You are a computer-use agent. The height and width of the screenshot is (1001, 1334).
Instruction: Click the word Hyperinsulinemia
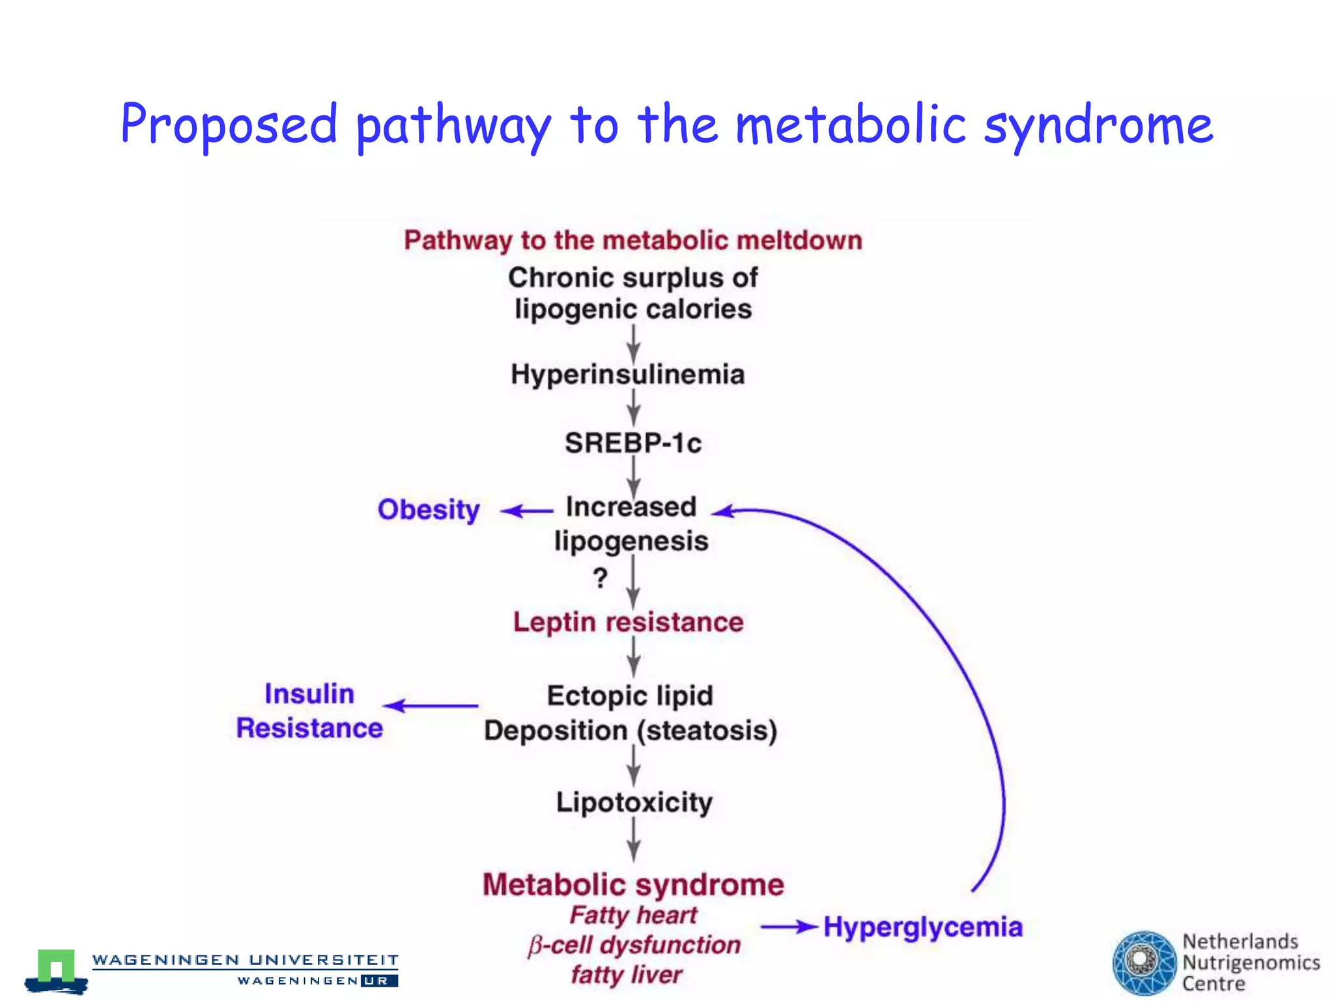click(x=627, y=375)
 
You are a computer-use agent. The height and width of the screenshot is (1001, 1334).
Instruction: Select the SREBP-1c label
click(x=632, y=443)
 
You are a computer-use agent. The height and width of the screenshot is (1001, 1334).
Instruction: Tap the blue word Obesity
click(x=429, y=510)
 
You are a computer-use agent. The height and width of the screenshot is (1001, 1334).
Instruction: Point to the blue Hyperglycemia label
click(x=922, y=927)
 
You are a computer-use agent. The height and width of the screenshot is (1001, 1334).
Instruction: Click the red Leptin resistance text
click(x=628, y=622)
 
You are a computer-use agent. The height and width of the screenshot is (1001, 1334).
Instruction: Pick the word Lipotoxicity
click(x=634, y=802)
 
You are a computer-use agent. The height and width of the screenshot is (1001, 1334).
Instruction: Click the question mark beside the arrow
click(x=600, y=578)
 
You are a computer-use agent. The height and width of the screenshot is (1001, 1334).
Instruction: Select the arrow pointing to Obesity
click(x=526, y=511)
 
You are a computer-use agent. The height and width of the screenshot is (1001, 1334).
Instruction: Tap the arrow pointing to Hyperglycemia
click(x=789, y=926)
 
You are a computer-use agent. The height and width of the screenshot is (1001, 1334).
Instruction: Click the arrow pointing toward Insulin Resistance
click(x=431, y=706)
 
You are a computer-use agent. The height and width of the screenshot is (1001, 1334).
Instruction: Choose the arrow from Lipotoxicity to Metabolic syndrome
click(x=633, y=839)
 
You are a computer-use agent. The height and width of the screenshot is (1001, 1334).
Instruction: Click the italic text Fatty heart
click(x=633, y=915)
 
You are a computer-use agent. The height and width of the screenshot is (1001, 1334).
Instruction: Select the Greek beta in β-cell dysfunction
click(x=535, y=946)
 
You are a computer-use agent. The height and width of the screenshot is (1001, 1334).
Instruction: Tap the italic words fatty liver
click(x=627, y=975)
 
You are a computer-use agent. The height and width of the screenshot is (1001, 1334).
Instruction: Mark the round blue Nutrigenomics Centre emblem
click(x=1144, y=963)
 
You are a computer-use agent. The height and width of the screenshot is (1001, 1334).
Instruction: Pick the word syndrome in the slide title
click(x=1098, y=126)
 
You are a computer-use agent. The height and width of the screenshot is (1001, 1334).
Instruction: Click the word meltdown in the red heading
click(x=799, y=240)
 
